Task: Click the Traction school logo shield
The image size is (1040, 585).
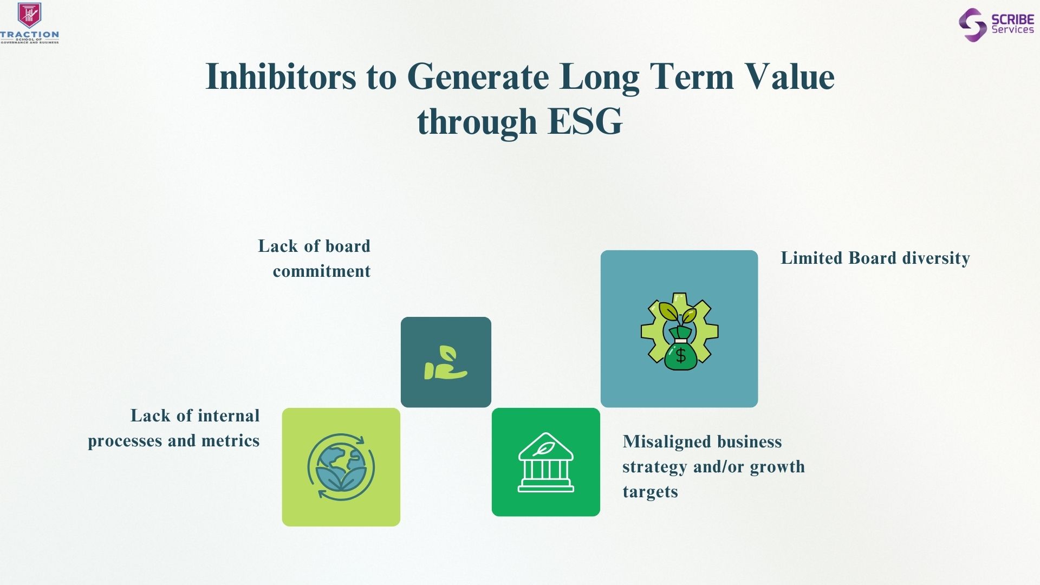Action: click(30, 15)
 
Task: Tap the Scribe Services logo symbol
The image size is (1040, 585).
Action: click(972, 25)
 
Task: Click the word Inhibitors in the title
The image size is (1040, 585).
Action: click(281, 76)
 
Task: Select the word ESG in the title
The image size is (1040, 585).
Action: click(585, 121)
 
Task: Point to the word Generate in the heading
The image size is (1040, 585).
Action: click(478, 77)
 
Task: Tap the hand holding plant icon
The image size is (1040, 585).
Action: click(446, 362)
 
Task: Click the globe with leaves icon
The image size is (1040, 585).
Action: click(341, 466)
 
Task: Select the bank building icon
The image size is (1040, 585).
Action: click(546, 462)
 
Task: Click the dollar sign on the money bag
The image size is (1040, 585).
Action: click(681, 356)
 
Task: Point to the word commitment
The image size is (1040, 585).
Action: click(322, 271)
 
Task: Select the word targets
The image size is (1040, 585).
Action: click(650, 492)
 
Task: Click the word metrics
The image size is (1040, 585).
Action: click(230, 441)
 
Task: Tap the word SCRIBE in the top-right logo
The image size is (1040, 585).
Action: click(1012, 19)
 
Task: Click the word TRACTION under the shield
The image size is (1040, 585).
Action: click(30, 35)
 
